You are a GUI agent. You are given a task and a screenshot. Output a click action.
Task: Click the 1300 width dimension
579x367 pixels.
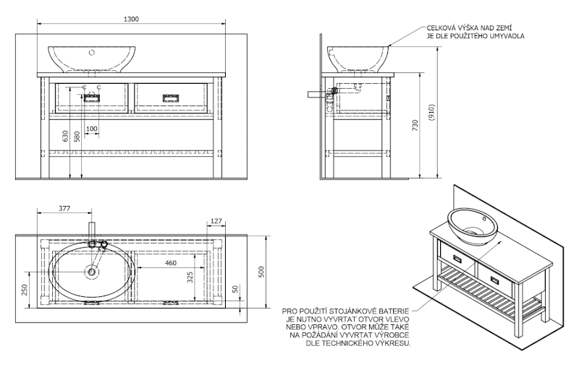(130, 19)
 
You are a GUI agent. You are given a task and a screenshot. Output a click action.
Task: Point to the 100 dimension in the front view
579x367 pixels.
(92, 129)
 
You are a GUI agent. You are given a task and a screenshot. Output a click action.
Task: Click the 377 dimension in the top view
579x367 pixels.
(64, 209)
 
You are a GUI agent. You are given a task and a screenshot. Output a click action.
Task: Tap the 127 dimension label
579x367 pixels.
(216, 221)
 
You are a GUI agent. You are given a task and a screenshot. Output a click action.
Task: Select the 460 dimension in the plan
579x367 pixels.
(171, 263)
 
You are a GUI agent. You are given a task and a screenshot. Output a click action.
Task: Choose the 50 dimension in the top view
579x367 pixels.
(234, 289)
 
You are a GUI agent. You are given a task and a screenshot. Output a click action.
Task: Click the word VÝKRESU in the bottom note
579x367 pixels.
(394, 344)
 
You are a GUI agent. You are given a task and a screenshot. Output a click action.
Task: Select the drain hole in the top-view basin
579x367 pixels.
(92, 272)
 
